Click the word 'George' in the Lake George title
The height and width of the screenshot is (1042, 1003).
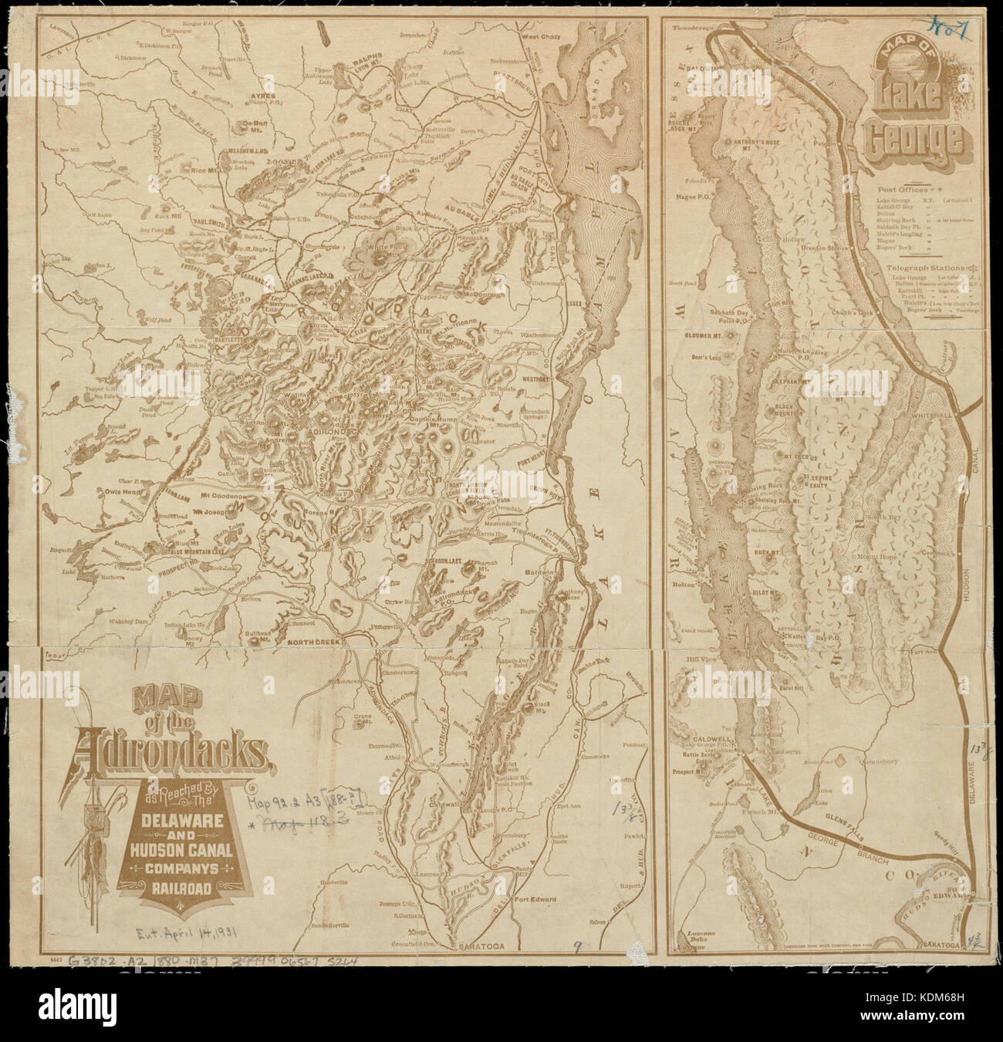(914, 140)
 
